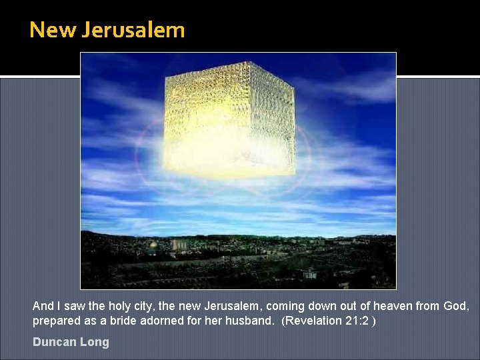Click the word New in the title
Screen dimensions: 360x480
click(54, 31)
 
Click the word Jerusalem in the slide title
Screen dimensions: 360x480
click(133, 31)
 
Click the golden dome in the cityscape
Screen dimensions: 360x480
click(153, 245)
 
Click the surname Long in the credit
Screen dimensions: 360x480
click(95, 342)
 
